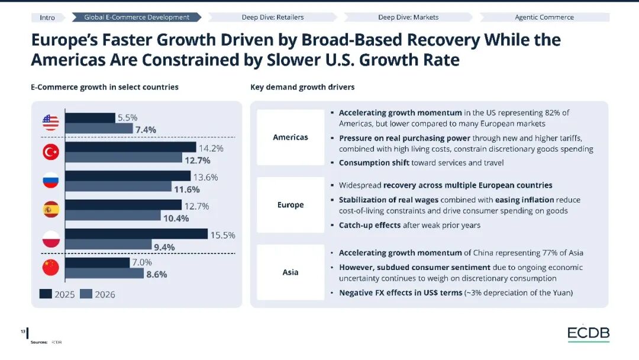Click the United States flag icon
click(x=50, y=123)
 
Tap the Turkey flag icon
click(x=50, y=152)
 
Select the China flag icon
click(x=50, y=268)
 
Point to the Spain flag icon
click(x=50, y=210)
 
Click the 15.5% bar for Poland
click(x=137, y=234)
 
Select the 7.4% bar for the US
click(x=99, y=128)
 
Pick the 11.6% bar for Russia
click(x=118, y=187)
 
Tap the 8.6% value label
click(x=156, y=274)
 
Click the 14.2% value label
click(x=211, y=149)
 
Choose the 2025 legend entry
click(x=57, y=294)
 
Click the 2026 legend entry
click(x=98, y=294)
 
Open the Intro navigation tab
click(x=48, y=18)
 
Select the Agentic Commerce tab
click(x=544, y=17)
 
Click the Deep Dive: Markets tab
click(x=408, y=17)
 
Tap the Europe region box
click(x=291, y=205)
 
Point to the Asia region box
click(x=291, y=272)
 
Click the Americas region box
click(x=291, y=137)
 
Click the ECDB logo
click(x=589, y=333)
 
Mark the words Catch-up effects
click(x=370, y=225)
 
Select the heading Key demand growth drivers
click(x=302, y=87)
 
